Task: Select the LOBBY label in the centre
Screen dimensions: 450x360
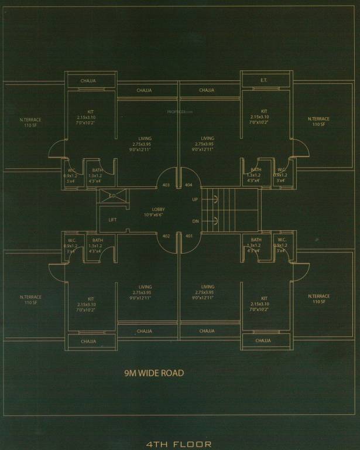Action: click(x=158, y=209)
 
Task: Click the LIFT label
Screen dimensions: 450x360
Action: click(x=112, y=220)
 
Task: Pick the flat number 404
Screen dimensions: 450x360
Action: click(x=188, y=185)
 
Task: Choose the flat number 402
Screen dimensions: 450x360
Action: click(x=166, y=236)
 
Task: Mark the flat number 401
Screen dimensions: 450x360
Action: click(x=188, y=236)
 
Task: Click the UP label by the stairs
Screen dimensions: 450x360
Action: click(x=195, y=200)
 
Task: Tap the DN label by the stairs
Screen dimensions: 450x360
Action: click(x=195, y=221)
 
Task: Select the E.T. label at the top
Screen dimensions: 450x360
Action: click(x=264, y=80)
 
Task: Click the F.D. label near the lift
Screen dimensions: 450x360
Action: click(x=112, y=196)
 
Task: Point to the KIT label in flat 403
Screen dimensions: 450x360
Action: click(x=90, y=111)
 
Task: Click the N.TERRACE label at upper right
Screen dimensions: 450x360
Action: click(x=318, y=119)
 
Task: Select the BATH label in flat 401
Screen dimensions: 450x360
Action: click(x=256, y=240)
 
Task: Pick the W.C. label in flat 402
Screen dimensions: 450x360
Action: click(x=71, y=240)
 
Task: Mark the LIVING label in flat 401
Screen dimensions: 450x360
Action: click(x=207, y=287)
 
